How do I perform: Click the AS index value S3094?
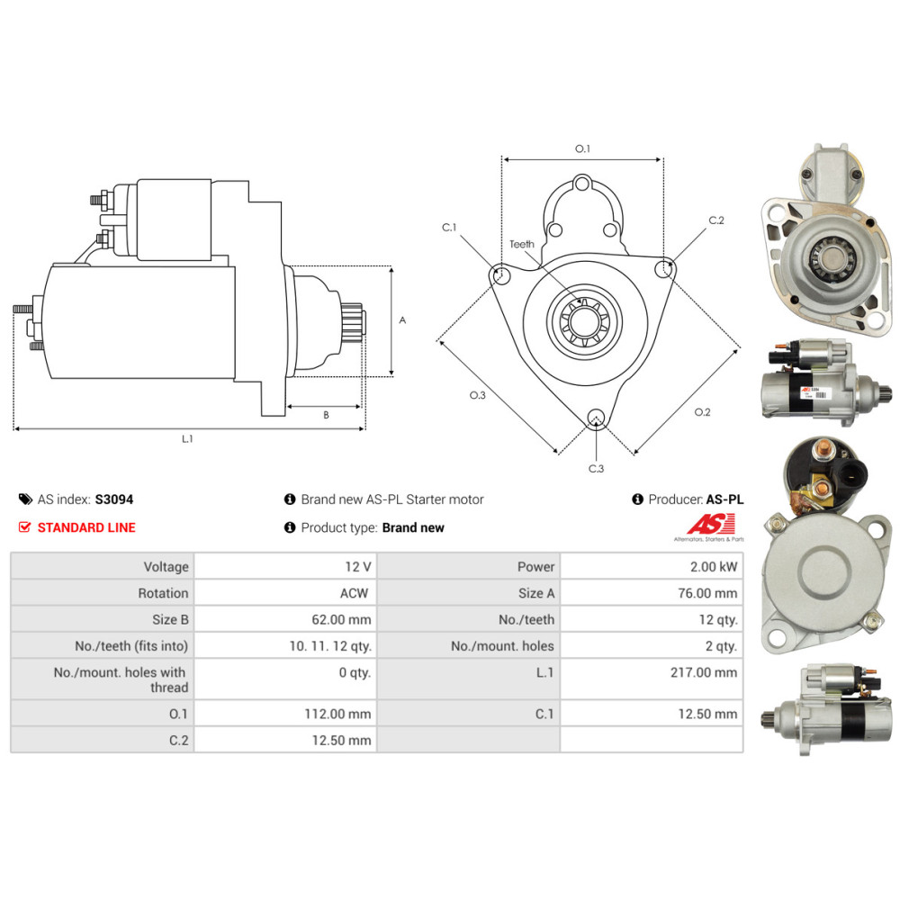(113, 499)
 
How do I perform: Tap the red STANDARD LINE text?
(86, 527)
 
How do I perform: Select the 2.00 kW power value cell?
(652, 566)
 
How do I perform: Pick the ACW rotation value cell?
(285, 593)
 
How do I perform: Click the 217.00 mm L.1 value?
(704, 672)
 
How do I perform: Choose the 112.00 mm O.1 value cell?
(285, 714)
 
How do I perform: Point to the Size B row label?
(170, 619)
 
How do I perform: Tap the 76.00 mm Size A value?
(707, 593)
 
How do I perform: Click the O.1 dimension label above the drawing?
(582, 148)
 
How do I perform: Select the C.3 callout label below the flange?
(597, 468)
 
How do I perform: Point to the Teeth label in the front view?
(522, 244)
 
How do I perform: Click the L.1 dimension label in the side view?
(187, 438)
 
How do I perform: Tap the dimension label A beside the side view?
(402, 320)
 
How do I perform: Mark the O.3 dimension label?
(478, 395)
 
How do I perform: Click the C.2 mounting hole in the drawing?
(664, 268)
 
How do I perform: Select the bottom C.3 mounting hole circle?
(597, 418)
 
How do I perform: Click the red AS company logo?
(711, 524)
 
